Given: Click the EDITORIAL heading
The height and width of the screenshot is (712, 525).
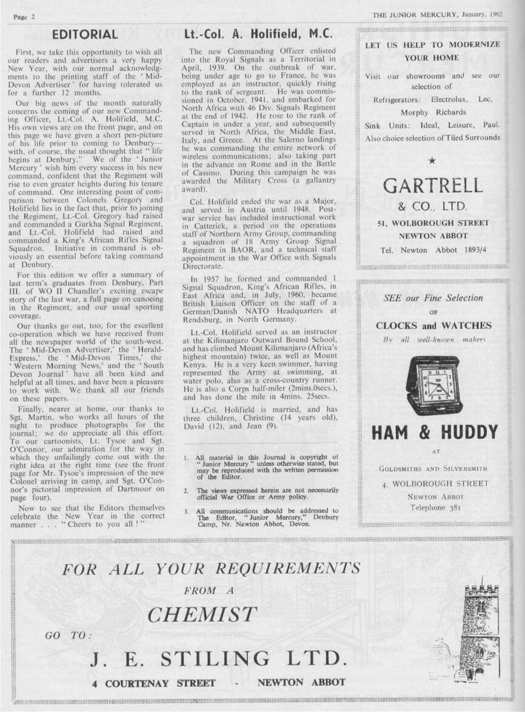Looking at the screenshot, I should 85,35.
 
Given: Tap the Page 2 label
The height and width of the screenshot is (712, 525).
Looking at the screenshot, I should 24,16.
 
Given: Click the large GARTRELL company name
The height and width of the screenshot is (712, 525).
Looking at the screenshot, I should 432,185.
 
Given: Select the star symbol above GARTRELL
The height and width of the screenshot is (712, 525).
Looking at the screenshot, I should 432,161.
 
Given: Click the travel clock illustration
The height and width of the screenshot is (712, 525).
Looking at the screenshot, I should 432,385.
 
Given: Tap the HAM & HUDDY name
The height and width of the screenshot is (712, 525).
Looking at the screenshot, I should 433,433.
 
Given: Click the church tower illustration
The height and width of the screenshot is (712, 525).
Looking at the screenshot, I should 481,631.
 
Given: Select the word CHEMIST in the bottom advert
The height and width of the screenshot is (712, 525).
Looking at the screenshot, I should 202,614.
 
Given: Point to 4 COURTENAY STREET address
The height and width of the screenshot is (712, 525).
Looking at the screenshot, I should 154,683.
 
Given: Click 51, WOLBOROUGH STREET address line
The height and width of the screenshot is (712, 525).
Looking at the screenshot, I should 433,223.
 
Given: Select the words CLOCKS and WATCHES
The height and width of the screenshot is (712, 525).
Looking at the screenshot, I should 433,325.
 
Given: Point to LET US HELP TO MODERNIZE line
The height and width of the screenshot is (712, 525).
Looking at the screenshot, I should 433,45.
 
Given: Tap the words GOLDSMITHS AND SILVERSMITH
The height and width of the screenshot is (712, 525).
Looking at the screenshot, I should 433,468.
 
